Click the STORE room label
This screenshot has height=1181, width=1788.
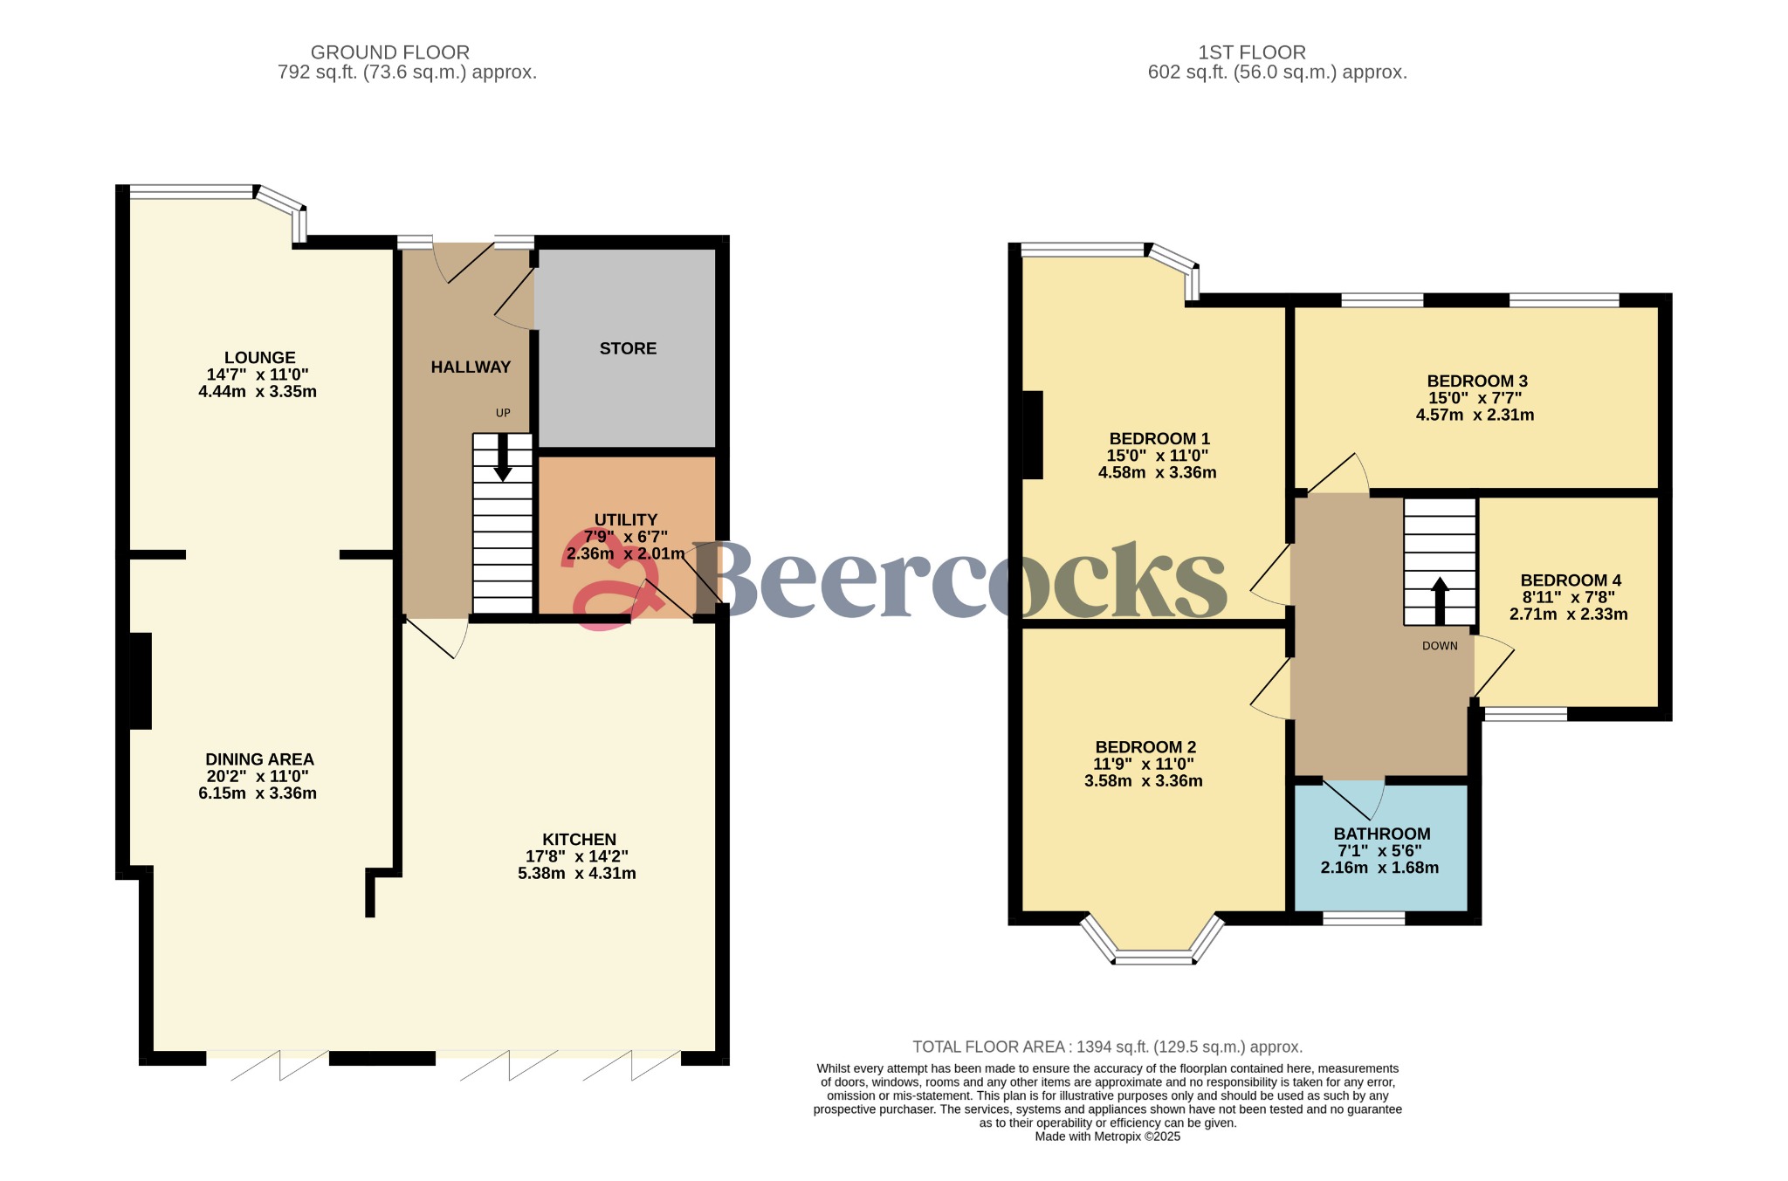(x=628, y=348)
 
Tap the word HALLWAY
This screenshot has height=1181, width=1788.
(x=471, y=367)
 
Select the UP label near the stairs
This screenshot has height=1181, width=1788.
(x=503, y=413)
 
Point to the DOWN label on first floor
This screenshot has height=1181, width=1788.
(x=1440, y=646)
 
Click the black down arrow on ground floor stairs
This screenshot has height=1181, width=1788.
(x=503, y=457)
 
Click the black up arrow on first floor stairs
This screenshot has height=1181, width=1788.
(x=1440, y=601)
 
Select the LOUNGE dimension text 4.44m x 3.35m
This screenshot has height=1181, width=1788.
(x=258, y=392)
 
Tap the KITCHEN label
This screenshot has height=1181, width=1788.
(x=580, y=840)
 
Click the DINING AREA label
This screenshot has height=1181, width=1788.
(x=259, y=760)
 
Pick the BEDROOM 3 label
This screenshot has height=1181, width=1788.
(x=1477, y=381)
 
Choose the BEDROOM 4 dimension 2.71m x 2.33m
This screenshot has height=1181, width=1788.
(x=1569, y=615)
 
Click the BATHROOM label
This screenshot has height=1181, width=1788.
(x=1382, y=834)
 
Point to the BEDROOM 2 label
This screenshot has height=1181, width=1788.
(x=1145, y=747)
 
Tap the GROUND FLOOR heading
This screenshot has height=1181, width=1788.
(x=390, y=53)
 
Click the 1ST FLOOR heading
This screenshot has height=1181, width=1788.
(x=1252, y=53)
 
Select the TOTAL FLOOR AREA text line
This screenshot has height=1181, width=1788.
(x=1108, y=1047)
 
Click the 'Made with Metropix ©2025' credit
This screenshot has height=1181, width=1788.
(x=1108, y=1136)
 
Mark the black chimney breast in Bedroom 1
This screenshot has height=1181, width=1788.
(x=1032, y=435)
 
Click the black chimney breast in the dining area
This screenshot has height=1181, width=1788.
(x=141, y=681)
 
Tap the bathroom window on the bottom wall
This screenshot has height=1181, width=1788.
(x=1364, y=918)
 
